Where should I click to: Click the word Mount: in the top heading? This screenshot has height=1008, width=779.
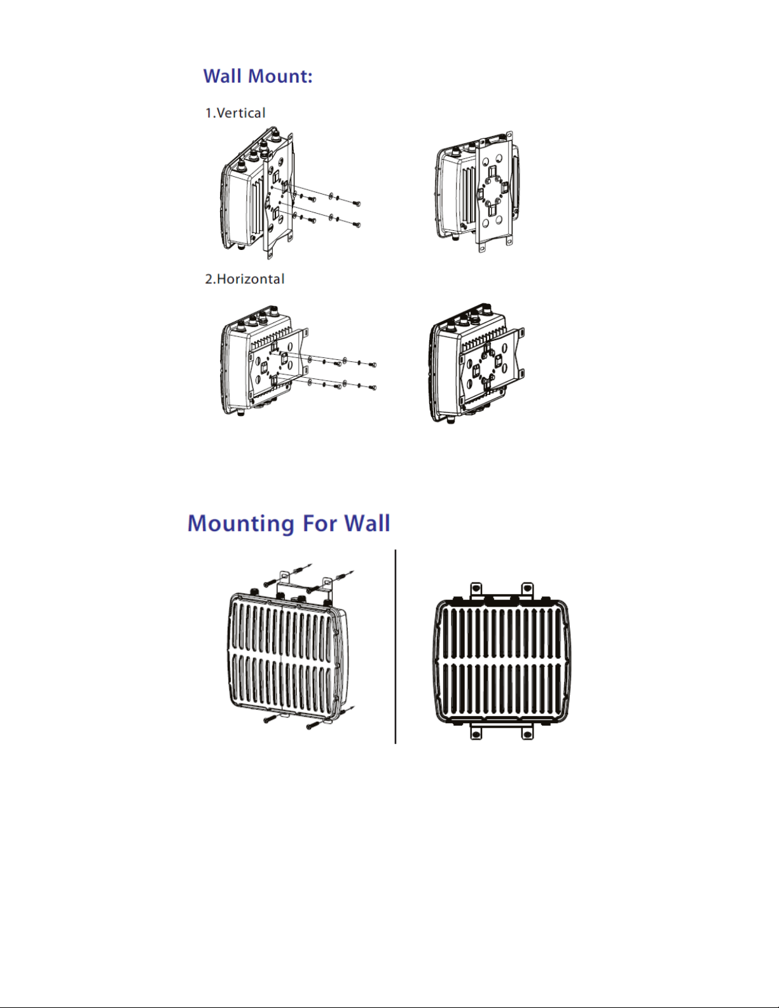[280, 76]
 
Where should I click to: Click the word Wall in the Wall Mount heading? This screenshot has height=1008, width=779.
[223, 76]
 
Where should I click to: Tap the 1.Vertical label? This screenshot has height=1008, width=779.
[235, 113]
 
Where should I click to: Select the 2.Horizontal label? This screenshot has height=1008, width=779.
[245, 279]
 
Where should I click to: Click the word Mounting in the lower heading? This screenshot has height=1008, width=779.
[240, 523]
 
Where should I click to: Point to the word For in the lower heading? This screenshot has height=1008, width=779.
[319, 523]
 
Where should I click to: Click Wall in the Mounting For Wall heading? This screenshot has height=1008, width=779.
[367, 523]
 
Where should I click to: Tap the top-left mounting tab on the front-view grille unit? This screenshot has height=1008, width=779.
[476, 590]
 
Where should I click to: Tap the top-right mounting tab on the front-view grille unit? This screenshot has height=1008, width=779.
[527, 590]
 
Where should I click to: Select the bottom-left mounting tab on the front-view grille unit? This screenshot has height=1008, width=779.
[476, 733]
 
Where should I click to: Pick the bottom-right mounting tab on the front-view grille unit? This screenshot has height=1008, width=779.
[527, 733]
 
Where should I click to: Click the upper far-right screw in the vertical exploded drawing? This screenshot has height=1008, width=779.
[356, 204]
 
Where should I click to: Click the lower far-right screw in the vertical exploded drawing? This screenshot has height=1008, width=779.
[357, 224]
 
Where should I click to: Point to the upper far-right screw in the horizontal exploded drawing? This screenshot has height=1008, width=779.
[373, 364]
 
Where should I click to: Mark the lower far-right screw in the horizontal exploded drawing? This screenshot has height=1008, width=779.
[373, 387]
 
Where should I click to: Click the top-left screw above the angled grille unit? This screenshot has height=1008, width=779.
[270, 581]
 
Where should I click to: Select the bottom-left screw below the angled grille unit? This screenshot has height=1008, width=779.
[268, 720]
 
